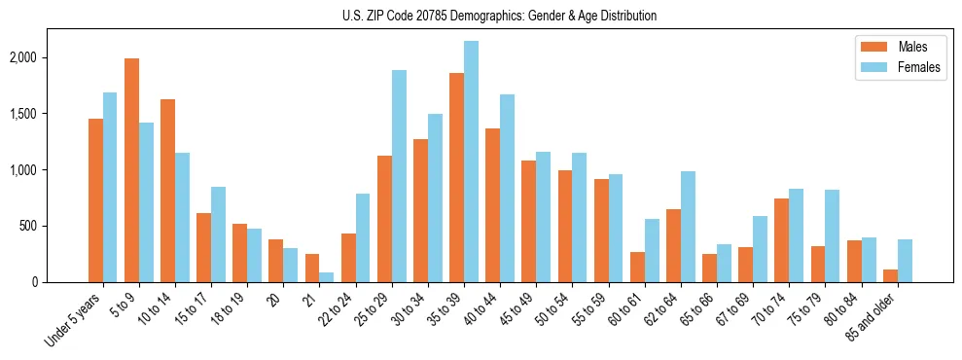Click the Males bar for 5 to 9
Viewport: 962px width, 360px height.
point(132,170)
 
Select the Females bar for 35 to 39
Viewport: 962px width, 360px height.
point(471,162)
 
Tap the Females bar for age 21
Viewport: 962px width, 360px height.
point(327,277)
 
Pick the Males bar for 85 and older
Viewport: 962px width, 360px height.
point(890,275)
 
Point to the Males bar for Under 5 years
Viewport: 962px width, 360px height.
point(95,200)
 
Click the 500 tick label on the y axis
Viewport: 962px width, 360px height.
point(56,226)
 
